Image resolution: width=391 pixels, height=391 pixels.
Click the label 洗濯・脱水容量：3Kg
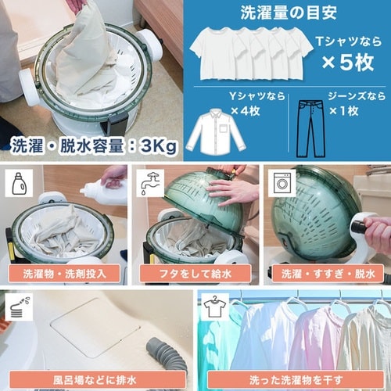click(x=93, y=145)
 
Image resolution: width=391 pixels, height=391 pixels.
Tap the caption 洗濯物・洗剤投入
click(x=65, y=274)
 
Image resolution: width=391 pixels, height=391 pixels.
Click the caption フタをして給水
click(x=195, y=274)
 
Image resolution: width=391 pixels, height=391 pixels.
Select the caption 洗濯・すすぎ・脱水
click(x=326, y=274)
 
